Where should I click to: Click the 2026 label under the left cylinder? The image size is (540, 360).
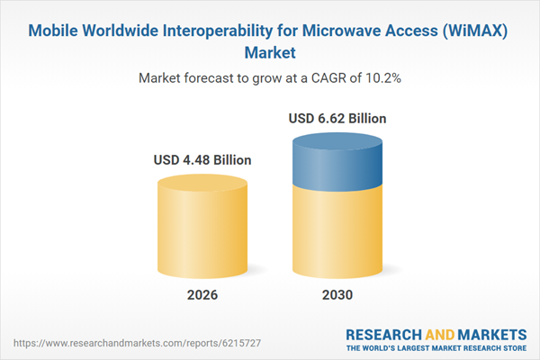tap(203, 295)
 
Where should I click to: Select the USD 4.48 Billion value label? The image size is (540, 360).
tap(203, 160)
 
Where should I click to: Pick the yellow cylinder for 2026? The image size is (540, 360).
tap(203, 229)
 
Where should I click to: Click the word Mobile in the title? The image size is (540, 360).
tap(57, 30)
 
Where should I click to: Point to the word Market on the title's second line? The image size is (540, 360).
tap(269, 51)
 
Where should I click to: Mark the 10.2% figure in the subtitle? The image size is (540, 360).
tap(384, 78)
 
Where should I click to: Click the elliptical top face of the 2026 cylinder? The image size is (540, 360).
tap(203, 183)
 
